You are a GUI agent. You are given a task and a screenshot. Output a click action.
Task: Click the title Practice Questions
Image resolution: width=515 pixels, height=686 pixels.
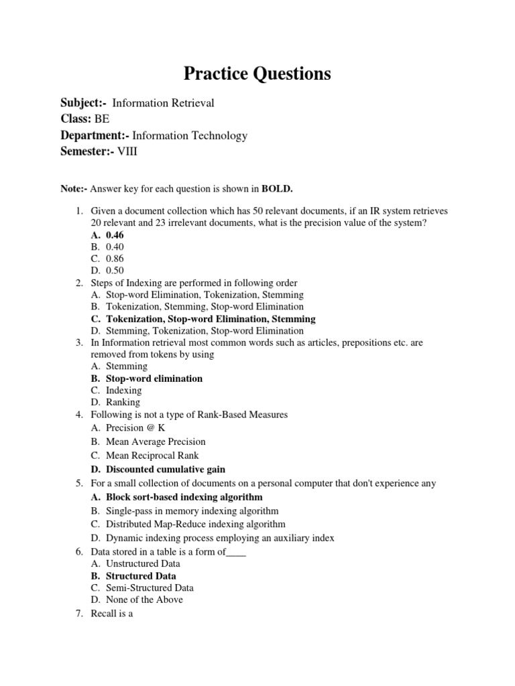tap(257, 74)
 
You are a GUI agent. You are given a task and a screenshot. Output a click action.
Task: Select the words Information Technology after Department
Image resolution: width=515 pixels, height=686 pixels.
tap(190, 136)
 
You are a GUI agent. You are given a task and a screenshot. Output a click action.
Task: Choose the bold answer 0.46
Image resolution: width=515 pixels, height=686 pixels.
tap(115, 235)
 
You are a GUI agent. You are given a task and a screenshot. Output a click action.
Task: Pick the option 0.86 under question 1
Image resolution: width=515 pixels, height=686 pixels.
tap(115, 259)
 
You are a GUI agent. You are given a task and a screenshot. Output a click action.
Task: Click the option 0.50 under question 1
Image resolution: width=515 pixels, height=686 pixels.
tap(115, 271)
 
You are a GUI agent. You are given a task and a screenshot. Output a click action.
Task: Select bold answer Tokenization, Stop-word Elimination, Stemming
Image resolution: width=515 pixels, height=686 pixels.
tap(211, 319)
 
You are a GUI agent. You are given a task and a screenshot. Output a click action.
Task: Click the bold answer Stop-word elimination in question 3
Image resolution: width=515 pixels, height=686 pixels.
tap(154, 379)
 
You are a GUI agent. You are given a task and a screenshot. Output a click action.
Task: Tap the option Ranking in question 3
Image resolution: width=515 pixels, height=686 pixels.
tap(123, 403)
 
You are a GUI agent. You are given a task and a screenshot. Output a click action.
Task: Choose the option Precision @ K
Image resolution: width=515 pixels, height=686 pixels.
tap(135, 427)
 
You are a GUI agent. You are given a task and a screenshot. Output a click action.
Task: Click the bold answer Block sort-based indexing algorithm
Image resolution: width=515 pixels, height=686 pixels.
tap(184, 497)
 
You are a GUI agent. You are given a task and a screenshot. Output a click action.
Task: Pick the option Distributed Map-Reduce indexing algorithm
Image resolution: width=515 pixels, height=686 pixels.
tap(195, 525)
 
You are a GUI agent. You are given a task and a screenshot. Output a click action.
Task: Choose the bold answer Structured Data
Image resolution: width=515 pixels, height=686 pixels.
tap(141, 575)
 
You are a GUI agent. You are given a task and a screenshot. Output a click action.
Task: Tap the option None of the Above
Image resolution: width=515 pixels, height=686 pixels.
tap(144, 600)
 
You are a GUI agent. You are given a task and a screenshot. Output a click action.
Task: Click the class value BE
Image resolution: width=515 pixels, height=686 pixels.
tap(102, 119)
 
